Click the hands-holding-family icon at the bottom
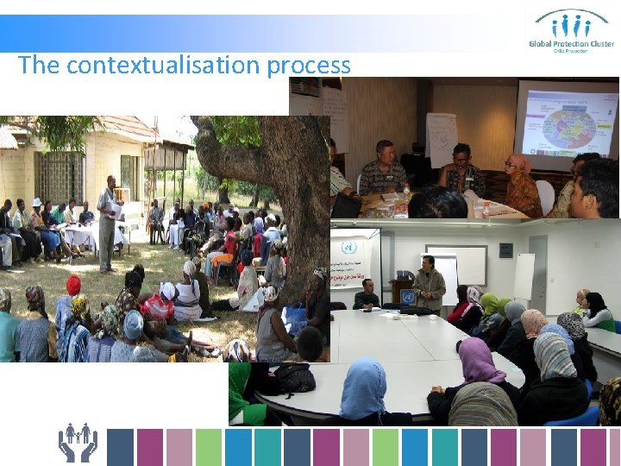click(x=78, y=442)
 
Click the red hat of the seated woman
click(x=73, y=285)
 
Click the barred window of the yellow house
click(x=60, y=176)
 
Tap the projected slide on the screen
click(x=566, y=121)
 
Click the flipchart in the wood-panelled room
click(x=442, y=138)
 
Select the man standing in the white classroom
click(x=428, y=284)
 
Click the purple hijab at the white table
click(x=480, y=360)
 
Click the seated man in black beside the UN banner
click(x=367, y=295)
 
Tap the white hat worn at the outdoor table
click(x=37, y=202)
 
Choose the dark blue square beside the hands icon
click(x=120, y=447)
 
